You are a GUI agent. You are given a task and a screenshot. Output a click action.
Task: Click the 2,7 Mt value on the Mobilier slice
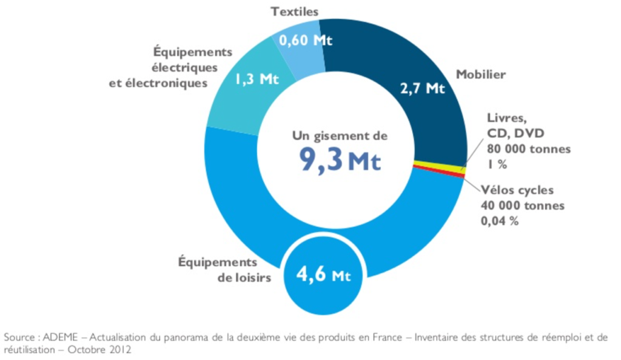[422, 88]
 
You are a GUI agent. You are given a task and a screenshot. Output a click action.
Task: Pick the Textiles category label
[295, 11]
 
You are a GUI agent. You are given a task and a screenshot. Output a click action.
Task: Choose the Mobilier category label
[481, 75]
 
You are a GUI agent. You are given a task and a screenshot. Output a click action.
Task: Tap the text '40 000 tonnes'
[523, 205]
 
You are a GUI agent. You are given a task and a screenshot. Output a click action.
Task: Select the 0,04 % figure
[500, 221]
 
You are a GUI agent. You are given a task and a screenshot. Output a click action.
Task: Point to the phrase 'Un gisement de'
[340, 136]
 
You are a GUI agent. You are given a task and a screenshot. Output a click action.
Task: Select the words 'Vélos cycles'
[517, 190]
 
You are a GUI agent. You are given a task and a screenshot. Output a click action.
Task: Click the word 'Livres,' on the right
[505, 118]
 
